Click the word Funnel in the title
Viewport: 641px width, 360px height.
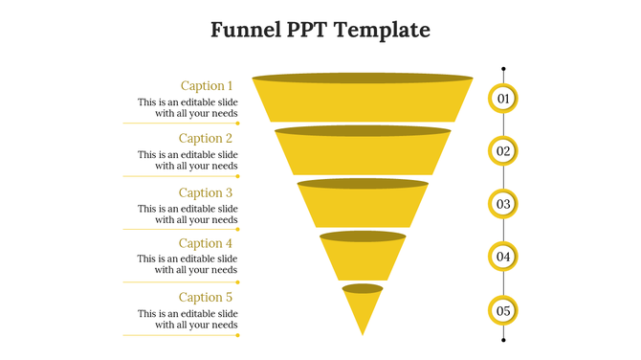click(245, 30)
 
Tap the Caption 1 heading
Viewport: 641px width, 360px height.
click(207, 85)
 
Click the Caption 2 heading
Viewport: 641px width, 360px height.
click(206, 138)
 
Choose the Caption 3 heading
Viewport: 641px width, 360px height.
click(206, 192)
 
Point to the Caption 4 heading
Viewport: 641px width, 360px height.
click(206, 243)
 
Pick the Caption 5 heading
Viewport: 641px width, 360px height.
click(206, 297)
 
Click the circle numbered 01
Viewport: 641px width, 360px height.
click(503, 98)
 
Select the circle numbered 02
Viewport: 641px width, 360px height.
click(503, 150)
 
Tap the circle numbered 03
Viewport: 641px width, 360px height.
click(503, 204)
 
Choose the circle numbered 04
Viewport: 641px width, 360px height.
click(503, 257)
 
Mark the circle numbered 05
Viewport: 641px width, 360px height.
click(503, 310)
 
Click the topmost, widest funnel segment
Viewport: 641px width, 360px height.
click(363, 99)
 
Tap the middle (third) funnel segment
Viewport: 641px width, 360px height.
click(363, 205)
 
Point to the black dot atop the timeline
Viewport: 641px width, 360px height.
click(503, 69)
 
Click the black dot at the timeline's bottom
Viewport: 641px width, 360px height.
click(503, 339)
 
